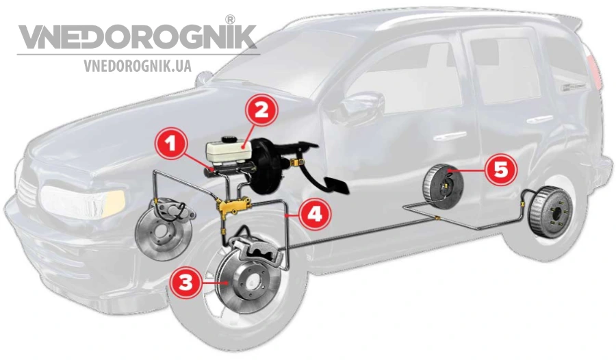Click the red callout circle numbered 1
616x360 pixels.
point(170,144)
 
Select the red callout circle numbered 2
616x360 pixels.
point(261,110)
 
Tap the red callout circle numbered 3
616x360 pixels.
point(185,282)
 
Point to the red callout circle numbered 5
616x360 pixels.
point(500,170)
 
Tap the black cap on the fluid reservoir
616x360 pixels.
point(228,140)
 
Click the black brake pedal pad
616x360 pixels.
point(336,185)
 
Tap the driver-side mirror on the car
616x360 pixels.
point(361,103)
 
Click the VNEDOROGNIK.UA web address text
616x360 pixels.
point(138,66)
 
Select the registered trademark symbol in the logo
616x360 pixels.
point(231,19)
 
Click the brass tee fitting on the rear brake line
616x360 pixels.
point(437,218)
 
